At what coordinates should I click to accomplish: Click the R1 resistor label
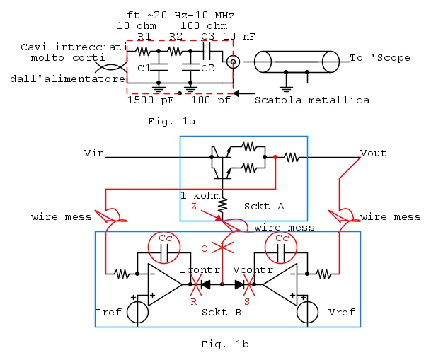pyautogui.click(x=144, y=37)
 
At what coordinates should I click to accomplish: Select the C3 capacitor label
pyautogui.click(x=207, y=37)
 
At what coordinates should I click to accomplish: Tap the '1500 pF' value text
pyautogui.click(x=150, y=100)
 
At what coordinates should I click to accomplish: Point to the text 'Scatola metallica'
pyautogui.click(x=312, y=100)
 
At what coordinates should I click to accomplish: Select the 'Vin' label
pyautogui.click(x=94, y=153)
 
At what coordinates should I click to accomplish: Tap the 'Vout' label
pyautogui.click(x=373, y=153)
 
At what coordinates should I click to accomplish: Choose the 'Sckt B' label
pyautogui.click(x=222, y=312)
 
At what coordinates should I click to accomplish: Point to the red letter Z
pyautogui.click(x=194, y=206)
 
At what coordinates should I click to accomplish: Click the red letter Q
pyautogui.click(x=205, y=249)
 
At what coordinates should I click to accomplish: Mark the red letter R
pyautogui.click(x=193, y=301)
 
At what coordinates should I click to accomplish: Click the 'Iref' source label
pyautogui.click(x=108, y=312)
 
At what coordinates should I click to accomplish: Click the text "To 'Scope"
pyautogui.click(x=380, y=58)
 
